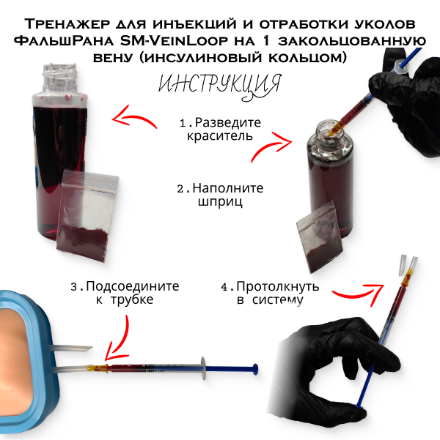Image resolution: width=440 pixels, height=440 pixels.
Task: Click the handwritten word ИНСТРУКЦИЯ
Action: [x=219, y=86]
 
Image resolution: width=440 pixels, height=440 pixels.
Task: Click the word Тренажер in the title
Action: [x=67, y=24]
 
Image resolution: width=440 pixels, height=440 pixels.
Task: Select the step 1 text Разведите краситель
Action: [x=220, y=129]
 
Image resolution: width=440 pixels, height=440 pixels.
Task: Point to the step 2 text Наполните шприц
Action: [x=220, y=195]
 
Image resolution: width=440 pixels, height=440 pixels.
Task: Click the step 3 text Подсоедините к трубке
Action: [x=125, y=293]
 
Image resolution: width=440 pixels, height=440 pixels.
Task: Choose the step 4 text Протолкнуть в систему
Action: [x=270, y=293]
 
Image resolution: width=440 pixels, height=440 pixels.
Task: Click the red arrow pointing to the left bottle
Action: [x=133, y=117]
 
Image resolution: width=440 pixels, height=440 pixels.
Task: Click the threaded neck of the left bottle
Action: [x=59, y=78]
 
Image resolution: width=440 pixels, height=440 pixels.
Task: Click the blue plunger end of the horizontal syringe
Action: [x=255, y=369]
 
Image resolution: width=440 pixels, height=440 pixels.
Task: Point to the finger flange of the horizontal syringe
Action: [x=203, y=369]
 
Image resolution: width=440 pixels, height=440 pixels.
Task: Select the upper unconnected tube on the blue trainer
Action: [x=71, y=348]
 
